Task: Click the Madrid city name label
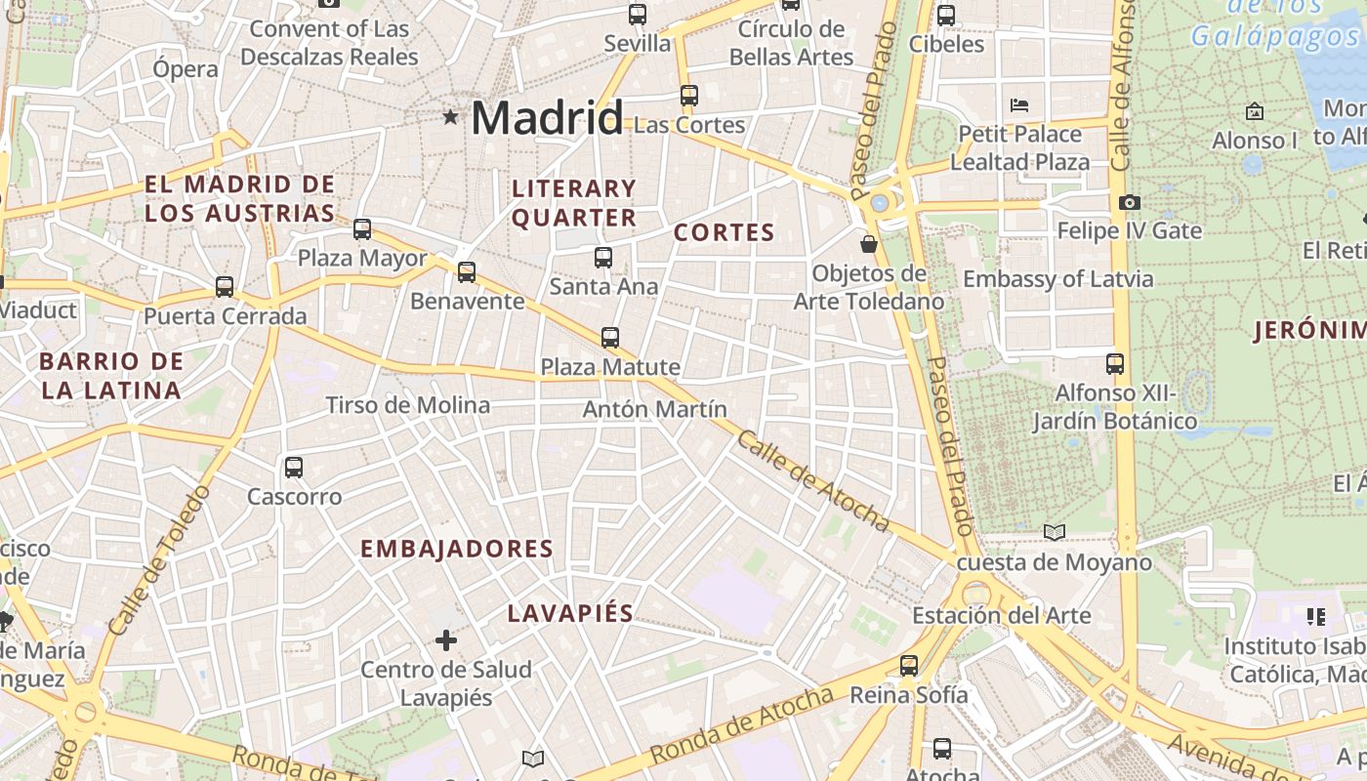pyautogui.click(x=546, y=118)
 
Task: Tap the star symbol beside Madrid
pyautogui.click(x=450, y=117)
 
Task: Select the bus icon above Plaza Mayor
pyautogui.click(x=362, y=229)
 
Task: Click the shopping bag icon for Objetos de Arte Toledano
pyautogui.click(x=868, y=243)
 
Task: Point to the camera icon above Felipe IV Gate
pyautogui.click(x=1130, y=202)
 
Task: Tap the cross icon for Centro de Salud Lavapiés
pyautogui.click(x=446, y=640)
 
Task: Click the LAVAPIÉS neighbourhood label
pyautogui.click(x=570, y=613)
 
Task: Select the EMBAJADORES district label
pyautogui.click(x=457, y=549)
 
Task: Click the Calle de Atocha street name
pyautogui.click(x=812, y=481)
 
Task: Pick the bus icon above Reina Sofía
pyautogui.click(x=909, y=666)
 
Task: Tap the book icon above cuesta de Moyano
pyautogui.click(x=1054, y=532)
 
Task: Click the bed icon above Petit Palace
pyautogui.click(x=1019, y=104)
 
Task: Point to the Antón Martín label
pyautogui.click(x=654, y=409)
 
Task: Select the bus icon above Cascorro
pyautogui.click(x=294, y=468)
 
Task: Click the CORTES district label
pyautogui.click(x=724, y=232)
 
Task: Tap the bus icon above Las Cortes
pyautogui.click(x=689, y=96)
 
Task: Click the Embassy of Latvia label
pyautogui.click(x=1057, y=279)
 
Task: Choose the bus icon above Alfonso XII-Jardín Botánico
pyautogui.click(x=1115, y=364)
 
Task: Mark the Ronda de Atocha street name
pyautogui.click(x=743, y=724)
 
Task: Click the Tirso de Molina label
pyautogui.click(x=407, y=405)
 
